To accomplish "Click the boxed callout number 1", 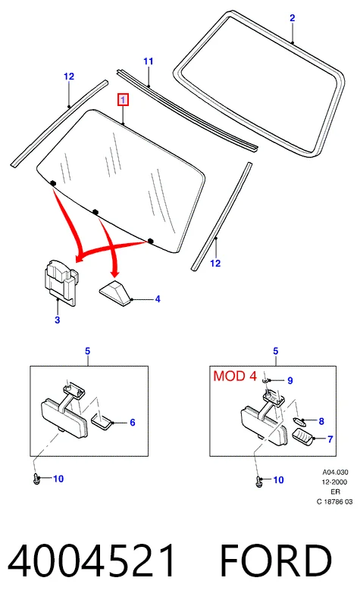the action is pyautogui.click(x=123, y=100).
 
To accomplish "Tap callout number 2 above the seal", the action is pyautogui.click(x=292, y=18).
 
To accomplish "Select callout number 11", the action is pyautogui.click(x=149, y=61).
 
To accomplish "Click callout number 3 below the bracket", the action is pyautogui.click(x=58, y=320).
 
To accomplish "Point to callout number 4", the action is pyautogui.click(x=158, y=299).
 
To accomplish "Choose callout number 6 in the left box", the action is pyautogui.click(x=133, y=423).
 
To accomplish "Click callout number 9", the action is pyautogui.click(x=290, y=380).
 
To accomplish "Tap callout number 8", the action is pyautogui.click(x=321, y=421).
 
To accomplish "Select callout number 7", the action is pyautogui.click(x=330, y=439).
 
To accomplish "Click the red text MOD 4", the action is pyautogui.click(x=235, y=376).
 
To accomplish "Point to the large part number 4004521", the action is pyautogui.click(x=92, y=561).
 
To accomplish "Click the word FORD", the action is pyautogui.click(x=276, y=561).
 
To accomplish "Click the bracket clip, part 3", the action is pyautogui.click(x=61, y=281).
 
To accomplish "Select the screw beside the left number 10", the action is pyautogui.click(x=36, y=478).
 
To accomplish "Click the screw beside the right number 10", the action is pyautogui.click(x=258, y=480).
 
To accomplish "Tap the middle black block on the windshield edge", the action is pyautogui.click(x=95, y=212).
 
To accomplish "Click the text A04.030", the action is pyautogui.click(x=335, y=473).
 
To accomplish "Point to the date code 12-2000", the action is pyautogui.click(x=335, y=482).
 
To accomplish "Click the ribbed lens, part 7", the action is pyautogui.click(x=304, y=436).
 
